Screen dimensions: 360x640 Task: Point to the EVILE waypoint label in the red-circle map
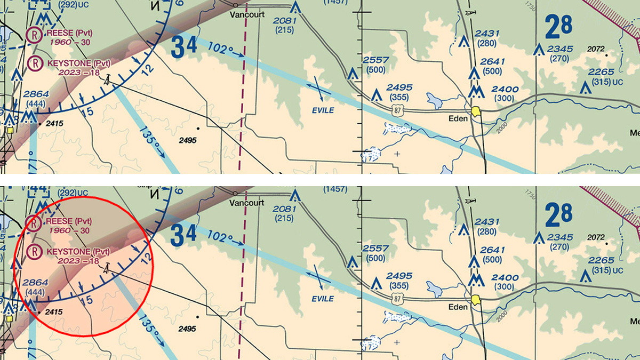[323, 298]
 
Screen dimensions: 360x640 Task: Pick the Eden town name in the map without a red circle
[458, 118]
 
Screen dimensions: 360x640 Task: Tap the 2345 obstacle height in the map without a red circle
[560, 49]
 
